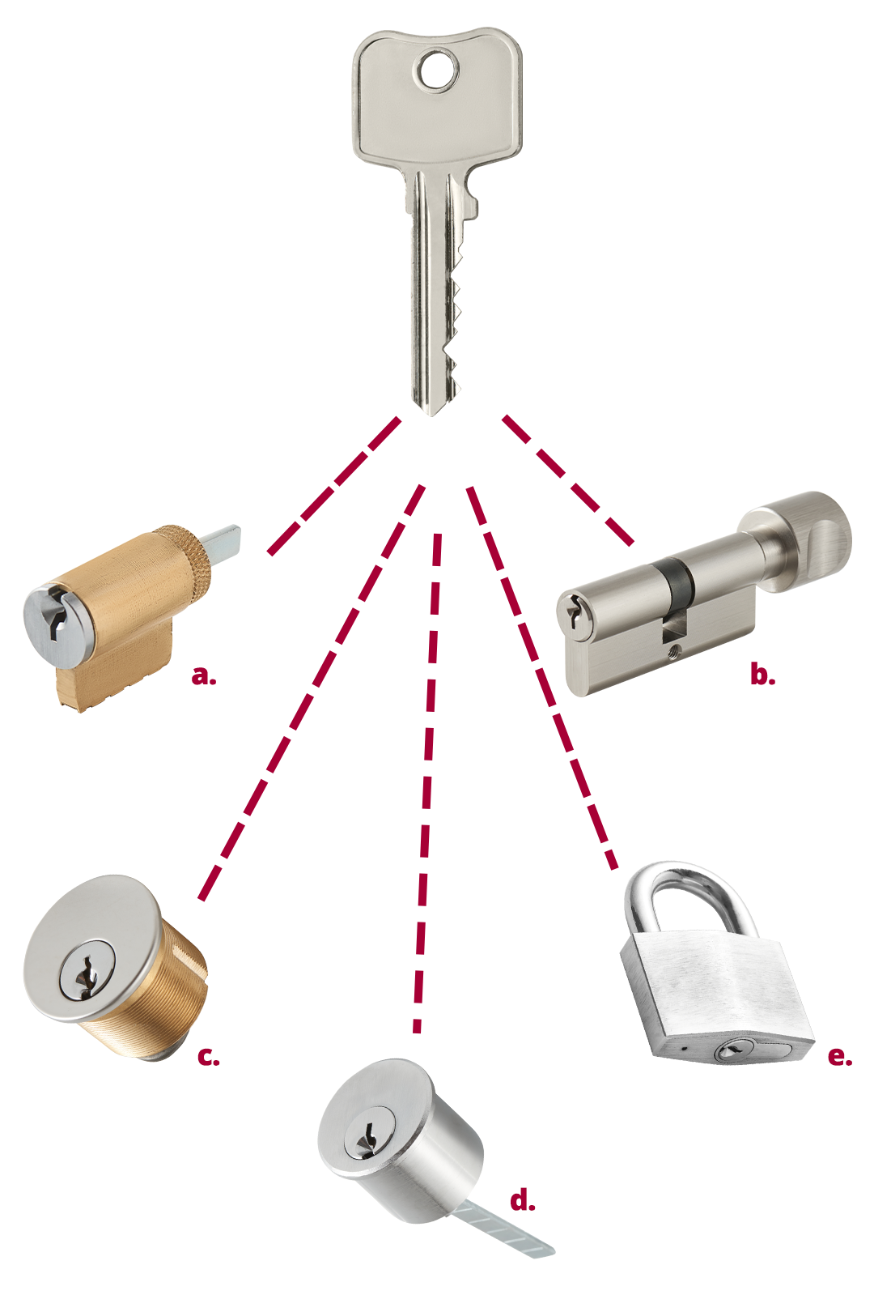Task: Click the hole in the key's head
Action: point(438,70)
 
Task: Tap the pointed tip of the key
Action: point(433,411)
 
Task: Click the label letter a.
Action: point(203,675)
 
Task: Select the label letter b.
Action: point(762,674)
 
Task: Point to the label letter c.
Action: point(208,1057)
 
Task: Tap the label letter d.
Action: point(522,1199)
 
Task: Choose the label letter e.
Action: point(839,1057)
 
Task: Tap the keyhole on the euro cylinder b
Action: point(574,613)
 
